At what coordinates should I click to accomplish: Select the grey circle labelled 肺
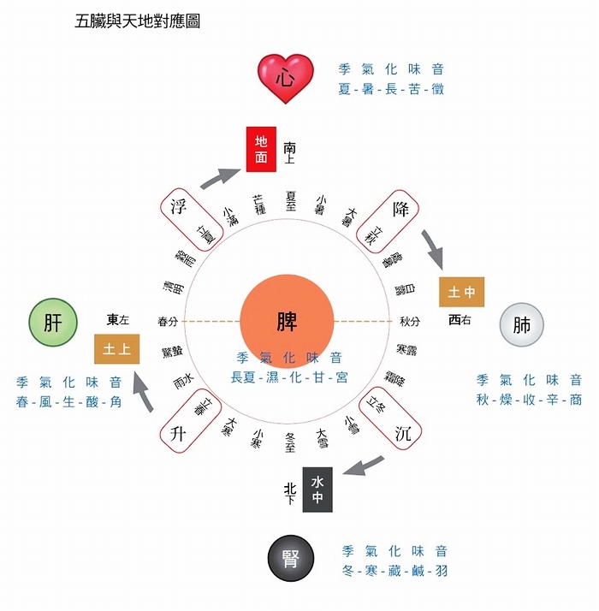click(x=522, y=325)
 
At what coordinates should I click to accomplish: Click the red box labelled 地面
click(x=261, y=151)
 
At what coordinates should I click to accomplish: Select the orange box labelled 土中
click(x=462, y=293)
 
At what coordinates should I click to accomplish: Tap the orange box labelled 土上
click(x=116, y=350)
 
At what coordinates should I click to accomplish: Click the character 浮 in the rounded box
click(x=179, y=208)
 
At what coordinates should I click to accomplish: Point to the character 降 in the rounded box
click(x=400, y=209)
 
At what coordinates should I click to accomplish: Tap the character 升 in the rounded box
click(x=179, y=434)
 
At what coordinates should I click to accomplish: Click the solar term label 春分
click(x=169, y=322)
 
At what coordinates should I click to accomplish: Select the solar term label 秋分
click(x=409, y=322)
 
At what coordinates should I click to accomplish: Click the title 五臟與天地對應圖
click(x=138, y=21)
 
